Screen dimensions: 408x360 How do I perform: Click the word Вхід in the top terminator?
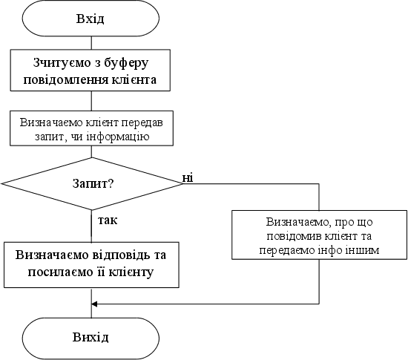tap(90, 19)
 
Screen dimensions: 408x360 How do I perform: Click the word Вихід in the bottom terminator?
tap(91, 337)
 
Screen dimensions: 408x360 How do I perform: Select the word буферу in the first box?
tap(126, 64)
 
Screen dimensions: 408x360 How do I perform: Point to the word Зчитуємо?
tap(62, 63)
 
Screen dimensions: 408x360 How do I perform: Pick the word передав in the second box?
tap(142, 123)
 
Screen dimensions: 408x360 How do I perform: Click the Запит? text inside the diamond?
tap(93, 183)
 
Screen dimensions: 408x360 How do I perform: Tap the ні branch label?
tap(188, 178)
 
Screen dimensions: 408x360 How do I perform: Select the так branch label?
tap(108, 220)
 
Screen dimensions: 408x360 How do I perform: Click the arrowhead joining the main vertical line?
tap(94, 304)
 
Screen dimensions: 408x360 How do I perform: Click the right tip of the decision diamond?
tap(183, 183)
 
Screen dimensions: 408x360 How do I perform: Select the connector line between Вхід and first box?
tap(91, 43)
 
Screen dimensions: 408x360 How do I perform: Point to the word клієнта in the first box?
tap(134, 79)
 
